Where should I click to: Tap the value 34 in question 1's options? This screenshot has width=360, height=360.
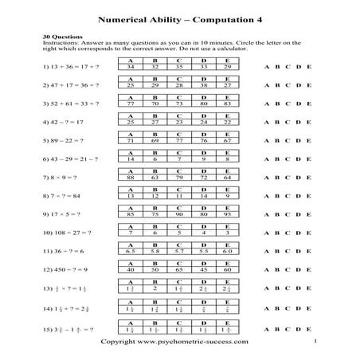131,68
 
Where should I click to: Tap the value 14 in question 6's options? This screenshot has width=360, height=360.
131,158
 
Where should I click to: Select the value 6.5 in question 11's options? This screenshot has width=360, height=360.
131,251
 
